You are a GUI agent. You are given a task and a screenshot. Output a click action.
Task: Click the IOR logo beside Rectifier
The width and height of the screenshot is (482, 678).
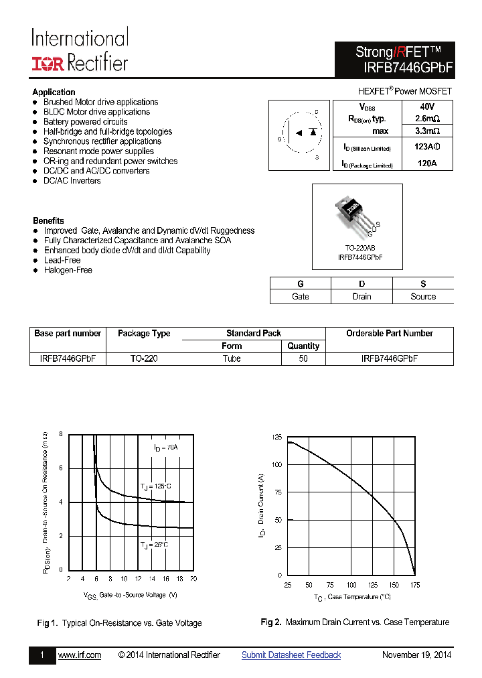[x=48, y=64]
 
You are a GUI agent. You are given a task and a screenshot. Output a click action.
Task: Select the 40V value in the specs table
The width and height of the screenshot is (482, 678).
[x=427, y=107]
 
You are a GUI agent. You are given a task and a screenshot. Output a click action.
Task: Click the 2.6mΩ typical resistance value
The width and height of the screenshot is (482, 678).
[x=427, y=119]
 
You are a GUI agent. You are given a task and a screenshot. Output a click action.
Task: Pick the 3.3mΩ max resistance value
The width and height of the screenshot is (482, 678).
[x=427, y=131]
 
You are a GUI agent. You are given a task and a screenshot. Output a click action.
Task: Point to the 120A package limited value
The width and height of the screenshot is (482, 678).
[x=427, y=163]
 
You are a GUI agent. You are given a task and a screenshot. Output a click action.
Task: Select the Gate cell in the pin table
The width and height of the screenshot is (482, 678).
[x=301, y=296]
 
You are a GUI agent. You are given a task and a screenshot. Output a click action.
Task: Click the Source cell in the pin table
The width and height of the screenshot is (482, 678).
[x=423, y=296]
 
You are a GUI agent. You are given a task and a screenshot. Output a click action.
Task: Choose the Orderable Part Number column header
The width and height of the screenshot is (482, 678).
[x=389, y=333]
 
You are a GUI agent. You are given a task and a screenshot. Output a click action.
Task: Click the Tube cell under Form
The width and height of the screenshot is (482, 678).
[x=232, y=358]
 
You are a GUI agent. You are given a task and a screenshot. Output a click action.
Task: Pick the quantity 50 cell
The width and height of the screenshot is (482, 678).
[x=303, y=358]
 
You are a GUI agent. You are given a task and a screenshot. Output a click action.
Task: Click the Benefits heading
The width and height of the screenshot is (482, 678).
[x=48, y=220]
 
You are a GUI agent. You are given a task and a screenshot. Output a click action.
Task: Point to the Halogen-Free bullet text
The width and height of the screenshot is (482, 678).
[x=68, y=270]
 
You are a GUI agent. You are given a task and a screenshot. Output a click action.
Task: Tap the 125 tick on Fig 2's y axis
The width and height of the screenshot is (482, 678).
[x=276, y=437]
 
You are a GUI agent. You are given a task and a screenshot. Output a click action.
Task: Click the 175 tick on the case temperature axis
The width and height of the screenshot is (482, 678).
[x=414, y=585]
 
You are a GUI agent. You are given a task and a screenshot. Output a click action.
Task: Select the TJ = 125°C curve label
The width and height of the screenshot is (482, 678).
[x=156, y=486]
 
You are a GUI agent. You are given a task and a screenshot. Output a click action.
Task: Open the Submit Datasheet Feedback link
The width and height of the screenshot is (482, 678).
[x=291, y=655]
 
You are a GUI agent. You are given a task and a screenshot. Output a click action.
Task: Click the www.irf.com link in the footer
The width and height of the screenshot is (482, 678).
[x=80, y=655]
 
